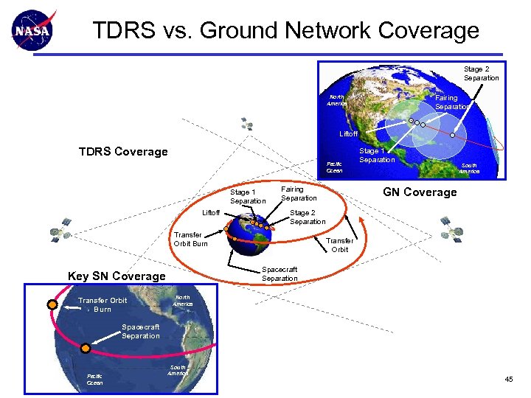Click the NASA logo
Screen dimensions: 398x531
[33, 32]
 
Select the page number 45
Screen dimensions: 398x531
[508, 379]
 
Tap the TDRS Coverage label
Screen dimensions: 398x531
[123, 152]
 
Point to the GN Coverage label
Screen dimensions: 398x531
[419, 192]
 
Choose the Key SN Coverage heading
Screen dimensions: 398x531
[117, 276]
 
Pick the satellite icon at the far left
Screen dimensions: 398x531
[60, 231]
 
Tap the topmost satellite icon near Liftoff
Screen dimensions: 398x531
[246, 123]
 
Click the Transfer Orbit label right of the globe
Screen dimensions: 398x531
[340, 245]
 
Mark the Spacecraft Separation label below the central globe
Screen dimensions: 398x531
[280, 273]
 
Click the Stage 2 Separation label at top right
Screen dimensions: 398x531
[481, 74]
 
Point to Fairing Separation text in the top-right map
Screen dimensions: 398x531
[451, 102]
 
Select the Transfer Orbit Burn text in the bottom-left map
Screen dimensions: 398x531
[103, 304]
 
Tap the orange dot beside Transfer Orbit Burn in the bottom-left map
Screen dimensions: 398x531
[52, 304]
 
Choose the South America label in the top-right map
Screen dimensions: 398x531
[469, 168]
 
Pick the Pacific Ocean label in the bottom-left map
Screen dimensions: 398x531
[95, 379]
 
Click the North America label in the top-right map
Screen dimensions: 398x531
[336, 100]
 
